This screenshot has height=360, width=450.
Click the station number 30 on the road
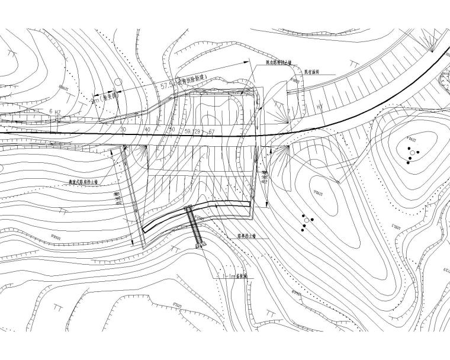[123, 129]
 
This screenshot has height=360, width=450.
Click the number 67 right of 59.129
[211, 129]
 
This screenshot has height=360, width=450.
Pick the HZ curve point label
[58, 111]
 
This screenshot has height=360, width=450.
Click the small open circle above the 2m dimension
[117, 81]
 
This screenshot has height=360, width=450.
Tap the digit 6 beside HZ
[52, 111]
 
